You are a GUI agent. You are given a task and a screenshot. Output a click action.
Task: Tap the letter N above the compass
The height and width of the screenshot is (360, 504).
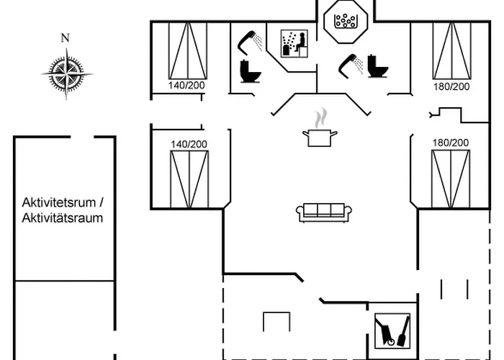click(x=66, y=38)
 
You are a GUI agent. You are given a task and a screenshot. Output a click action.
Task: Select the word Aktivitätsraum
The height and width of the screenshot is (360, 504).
click(x=63, y=217)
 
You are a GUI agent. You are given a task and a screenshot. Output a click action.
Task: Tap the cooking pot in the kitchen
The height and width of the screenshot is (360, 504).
click(x=318, y=137)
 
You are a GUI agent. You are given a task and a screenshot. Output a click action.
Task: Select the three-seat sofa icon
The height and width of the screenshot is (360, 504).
click(x=324, y=211)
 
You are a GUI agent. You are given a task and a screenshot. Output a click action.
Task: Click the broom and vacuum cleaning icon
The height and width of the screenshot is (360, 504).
click(x=392, y=330)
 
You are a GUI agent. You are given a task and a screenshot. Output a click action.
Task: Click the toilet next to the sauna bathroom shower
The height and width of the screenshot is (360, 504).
click(x=251, y=71)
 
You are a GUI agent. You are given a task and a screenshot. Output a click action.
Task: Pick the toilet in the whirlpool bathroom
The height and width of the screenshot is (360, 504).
click(x=377, y=66)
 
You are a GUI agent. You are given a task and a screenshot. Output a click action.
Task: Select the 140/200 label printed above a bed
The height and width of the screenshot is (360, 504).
click(x=189, y=144)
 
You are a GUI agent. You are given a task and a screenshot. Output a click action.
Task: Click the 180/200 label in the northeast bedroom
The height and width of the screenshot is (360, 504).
click(x=451, y=86)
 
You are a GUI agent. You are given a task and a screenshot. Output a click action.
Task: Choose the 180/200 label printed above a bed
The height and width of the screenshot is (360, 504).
click(x=451, y=143)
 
